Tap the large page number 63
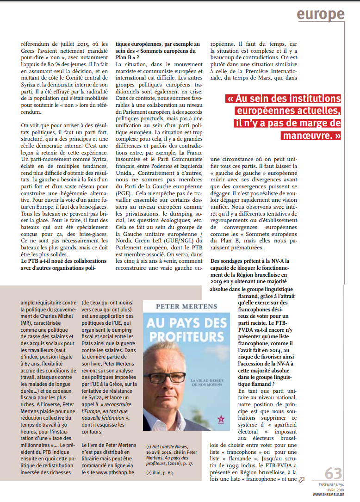click(333, 473)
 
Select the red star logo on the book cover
click(192, 419)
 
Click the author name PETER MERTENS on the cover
click(174, 306)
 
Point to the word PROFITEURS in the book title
click(174, 335)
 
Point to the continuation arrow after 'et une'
click(302, 480)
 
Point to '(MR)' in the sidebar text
click(26, 323)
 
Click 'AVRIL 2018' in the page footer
click(335, 489)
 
